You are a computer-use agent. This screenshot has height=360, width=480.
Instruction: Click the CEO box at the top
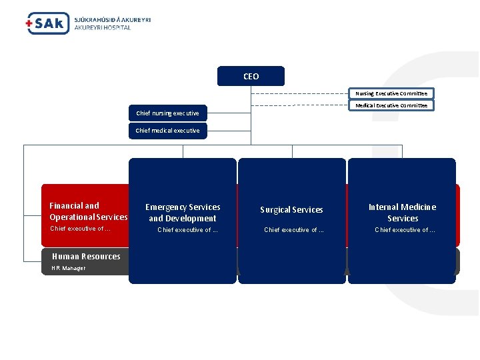pos(251,76)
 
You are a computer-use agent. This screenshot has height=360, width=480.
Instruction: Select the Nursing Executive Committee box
pos(391,93)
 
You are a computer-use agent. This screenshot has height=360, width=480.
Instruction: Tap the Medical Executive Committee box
pos(391,105)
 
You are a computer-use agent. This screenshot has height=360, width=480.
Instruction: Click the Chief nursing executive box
pos(167,113)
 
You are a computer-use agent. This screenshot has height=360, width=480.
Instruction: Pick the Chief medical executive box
pos(167,131)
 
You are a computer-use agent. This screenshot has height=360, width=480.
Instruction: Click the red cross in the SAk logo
pos(29,25)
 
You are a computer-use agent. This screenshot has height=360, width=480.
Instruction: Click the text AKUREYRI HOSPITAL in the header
pos(103,28)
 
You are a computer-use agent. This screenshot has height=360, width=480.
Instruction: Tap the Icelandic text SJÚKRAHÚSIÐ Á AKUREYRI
pos(112,20)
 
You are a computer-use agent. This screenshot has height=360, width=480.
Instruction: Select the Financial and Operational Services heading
pos(88,211)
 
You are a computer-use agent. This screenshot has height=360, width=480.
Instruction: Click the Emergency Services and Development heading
pos(182,213)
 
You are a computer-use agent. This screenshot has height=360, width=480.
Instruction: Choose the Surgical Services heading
pos(291,210)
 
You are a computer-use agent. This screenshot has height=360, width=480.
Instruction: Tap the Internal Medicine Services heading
pos(402,213)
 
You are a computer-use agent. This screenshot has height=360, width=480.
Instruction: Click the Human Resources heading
pos(86,257)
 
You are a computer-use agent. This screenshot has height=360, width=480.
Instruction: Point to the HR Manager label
pos(69,268)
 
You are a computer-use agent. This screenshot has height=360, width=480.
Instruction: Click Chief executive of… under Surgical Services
pos(294,230)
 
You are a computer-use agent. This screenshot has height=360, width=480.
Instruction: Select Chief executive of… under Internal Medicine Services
pos(405,230)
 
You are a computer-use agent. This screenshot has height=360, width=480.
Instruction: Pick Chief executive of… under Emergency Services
pos(187,230)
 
